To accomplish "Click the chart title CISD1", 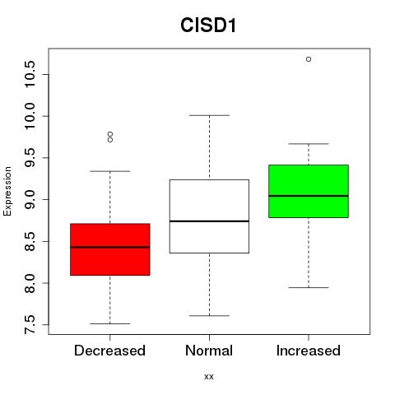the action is click(x=208, y=26).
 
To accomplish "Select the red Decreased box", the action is click(x=110, y=249).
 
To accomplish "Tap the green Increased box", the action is click(x=309, y=191).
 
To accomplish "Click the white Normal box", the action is click(x=209, y=216).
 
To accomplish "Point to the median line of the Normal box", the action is click(x=209, y=221).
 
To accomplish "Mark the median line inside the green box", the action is click(x=309, y=196).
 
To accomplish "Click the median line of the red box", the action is click(x=110, y=247).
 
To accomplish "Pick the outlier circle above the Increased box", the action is click(x=309, y=59).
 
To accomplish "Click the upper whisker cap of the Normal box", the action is click(x=209, y=115).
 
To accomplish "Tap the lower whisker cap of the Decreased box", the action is click(x=110, y=324).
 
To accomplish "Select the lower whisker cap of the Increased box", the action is click(x=309, y=288).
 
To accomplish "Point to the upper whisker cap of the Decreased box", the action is click(x=110, y=171).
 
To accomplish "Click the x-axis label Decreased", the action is click(x=109, y=351).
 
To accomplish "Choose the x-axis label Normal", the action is click(x=209, y=351).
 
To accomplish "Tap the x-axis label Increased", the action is click(x=309, y=351).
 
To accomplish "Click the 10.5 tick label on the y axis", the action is click(x=30, y=74).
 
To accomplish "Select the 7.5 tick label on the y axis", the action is click(x=30, y=325).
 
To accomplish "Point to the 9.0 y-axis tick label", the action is click(x=30, y=199).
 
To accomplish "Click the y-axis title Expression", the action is click(x=7, y=191).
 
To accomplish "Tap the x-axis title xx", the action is click(x=209, y=377).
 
